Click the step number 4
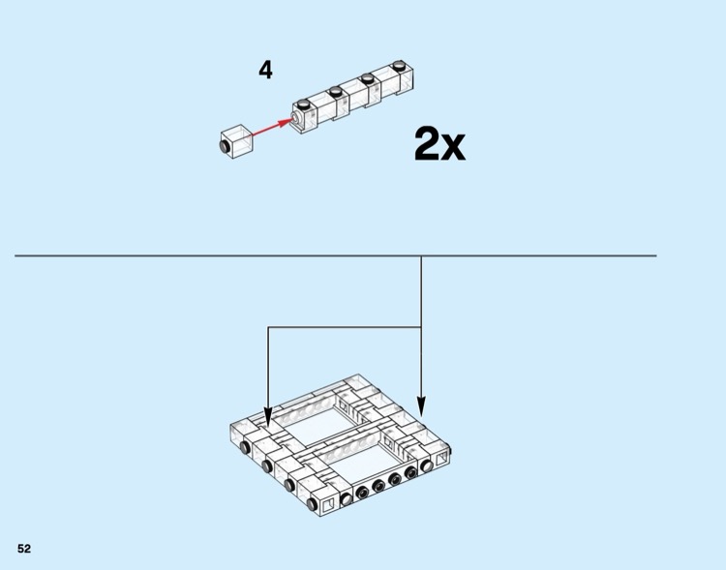click(265, 71)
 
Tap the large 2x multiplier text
click(439, 144)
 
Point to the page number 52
click(24, 549)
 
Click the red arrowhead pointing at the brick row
click(287, 122)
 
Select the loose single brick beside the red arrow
click(236, 141)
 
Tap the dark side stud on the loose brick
click(225, 146)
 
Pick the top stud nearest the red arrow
click(304, 104)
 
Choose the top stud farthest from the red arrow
click(399, 65)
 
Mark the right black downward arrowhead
click(421, 406)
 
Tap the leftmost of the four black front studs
click(362, 493)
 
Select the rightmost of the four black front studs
click(410, 473)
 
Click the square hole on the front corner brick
click(328, 504)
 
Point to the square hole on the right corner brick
click(441, 458)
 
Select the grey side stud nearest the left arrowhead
click(245, 448)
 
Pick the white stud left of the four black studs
click(346, 498)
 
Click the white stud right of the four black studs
click(426, 466)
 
